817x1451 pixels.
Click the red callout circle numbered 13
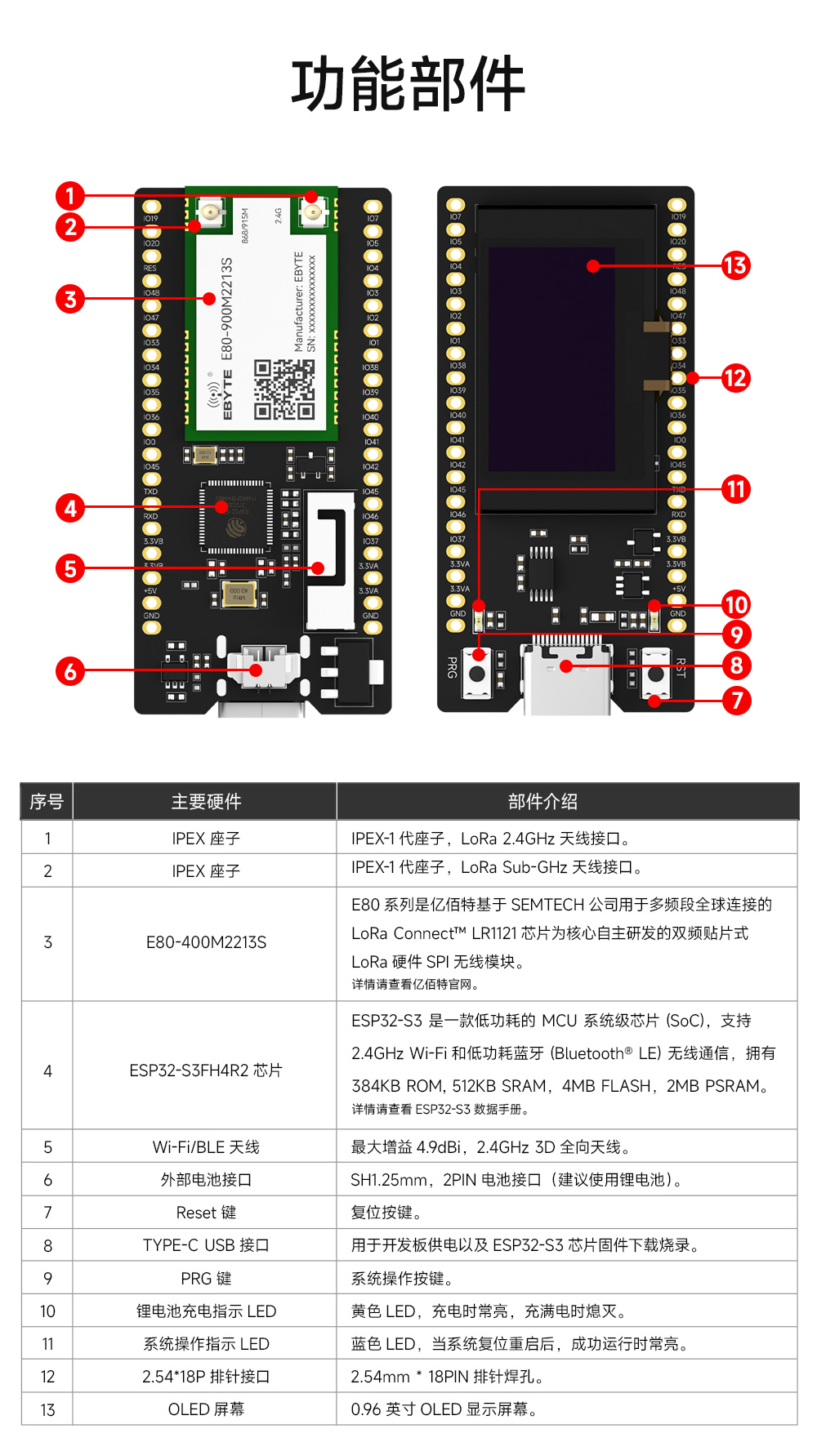click(735, 265)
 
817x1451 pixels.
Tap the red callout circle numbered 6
click(70, 671)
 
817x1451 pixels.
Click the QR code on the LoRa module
click(283, 389)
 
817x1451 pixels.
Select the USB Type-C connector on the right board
click(566, 674)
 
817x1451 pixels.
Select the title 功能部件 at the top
click(408, 83)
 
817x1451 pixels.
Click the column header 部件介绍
click(542, 802)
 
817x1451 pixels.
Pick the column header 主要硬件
click(206, 802)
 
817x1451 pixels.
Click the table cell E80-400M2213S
click(206, 942)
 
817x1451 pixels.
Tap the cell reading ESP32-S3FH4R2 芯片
click(206, 1070)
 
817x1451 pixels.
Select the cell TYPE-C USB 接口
click(206, 1245)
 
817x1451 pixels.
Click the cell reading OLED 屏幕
click(206, 1409)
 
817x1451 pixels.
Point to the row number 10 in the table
click(47, 1311)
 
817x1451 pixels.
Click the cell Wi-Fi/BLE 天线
click(206, 1147)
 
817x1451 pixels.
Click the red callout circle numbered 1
click(70, 196)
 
